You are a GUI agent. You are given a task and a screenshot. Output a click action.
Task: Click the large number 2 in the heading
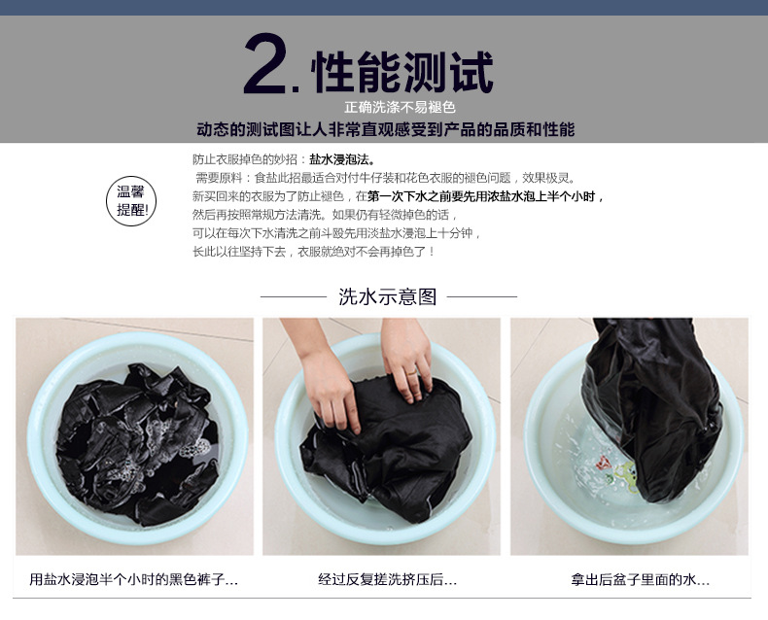265,64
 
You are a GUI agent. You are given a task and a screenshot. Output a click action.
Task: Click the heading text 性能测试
402,72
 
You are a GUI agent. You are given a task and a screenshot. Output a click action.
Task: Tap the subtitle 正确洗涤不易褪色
400,107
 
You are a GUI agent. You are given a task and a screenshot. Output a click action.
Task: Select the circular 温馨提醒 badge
131,201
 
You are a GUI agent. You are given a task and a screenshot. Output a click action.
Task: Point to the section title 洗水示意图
388,296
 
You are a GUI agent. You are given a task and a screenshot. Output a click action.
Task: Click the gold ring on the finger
412,373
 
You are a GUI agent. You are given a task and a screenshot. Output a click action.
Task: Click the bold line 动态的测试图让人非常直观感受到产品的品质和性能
386,129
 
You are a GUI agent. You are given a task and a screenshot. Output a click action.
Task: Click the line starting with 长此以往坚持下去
313,252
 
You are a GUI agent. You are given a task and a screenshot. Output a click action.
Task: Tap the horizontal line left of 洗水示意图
293,296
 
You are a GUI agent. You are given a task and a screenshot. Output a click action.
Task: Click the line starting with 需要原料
386,178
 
